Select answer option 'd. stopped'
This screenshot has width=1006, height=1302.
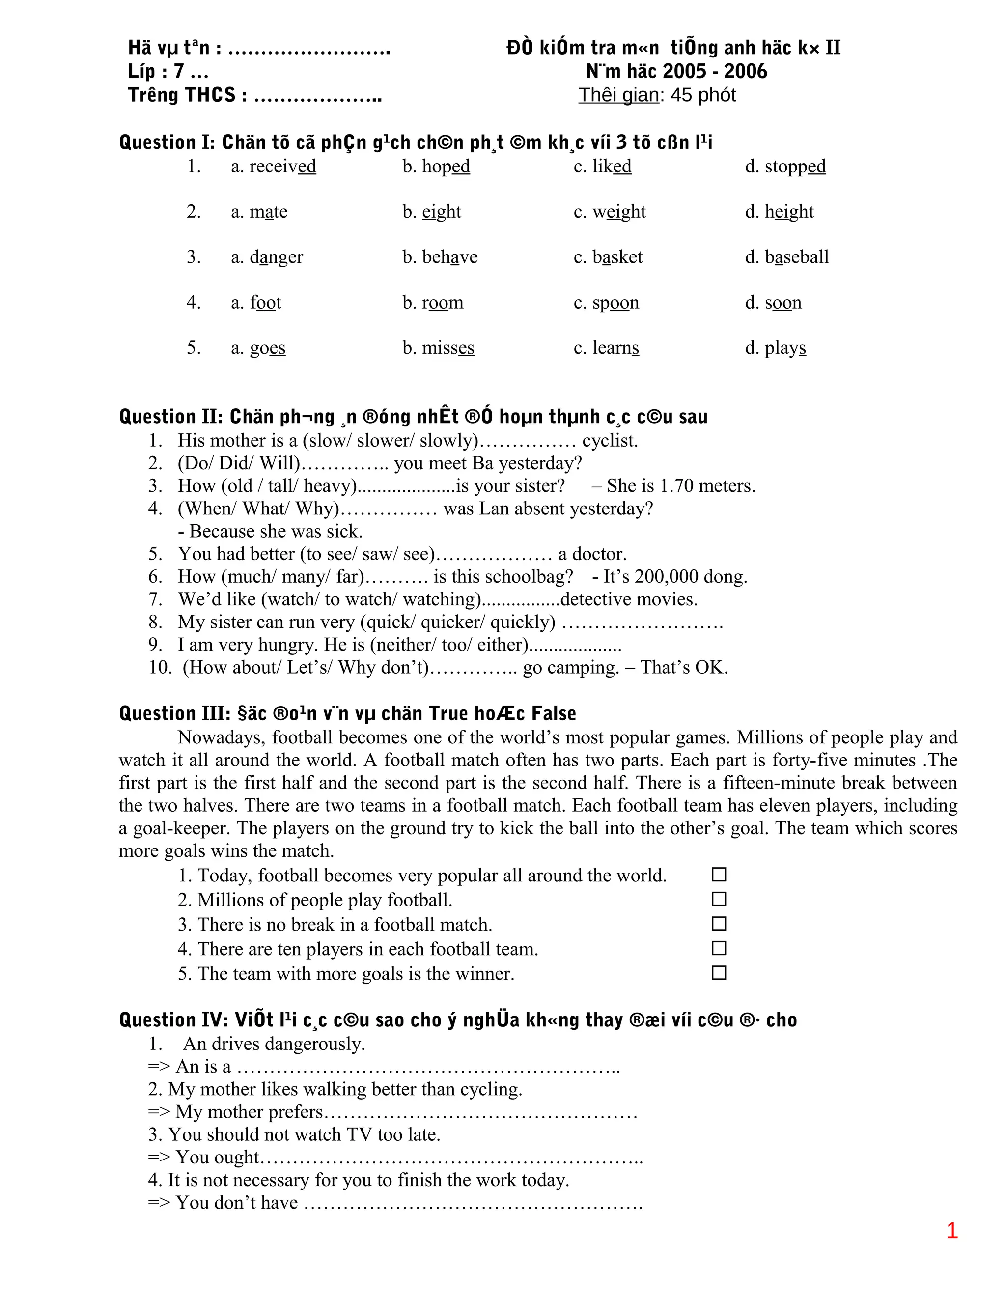coord(785,167)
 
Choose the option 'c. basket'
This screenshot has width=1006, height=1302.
coord(608,257)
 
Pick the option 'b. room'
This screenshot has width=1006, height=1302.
coord(433,302)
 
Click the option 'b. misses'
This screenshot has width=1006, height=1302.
coord(438,347)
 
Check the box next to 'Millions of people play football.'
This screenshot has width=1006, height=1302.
coord(719,899)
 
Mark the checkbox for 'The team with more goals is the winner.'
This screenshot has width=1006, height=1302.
coord(719,973)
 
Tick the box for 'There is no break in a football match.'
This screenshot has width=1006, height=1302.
coord(719,924)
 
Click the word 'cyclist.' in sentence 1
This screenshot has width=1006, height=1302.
coord(610,441)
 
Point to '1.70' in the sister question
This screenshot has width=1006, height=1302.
coord(676,486)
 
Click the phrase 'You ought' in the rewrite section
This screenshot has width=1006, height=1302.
coord(218,1157)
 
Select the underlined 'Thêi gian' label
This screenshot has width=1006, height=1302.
coord(618,95)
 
